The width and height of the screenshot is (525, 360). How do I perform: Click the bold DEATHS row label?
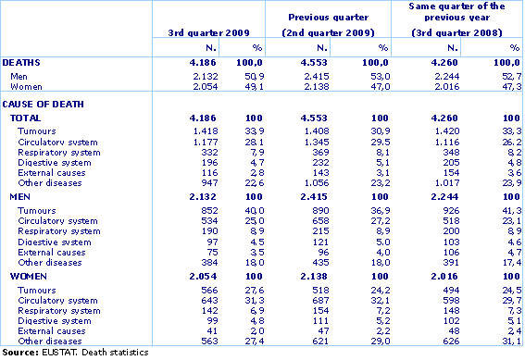coord(21,62)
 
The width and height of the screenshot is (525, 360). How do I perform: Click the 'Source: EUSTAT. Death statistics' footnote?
coord(68,353)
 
